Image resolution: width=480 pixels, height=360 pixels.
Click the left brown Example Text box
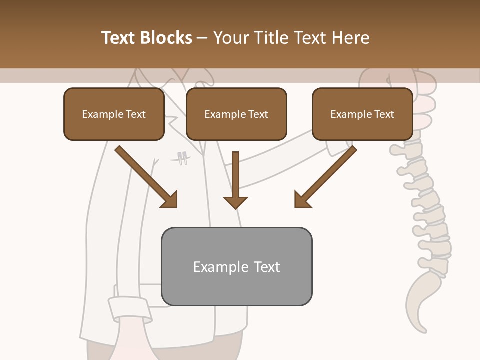tap(114, 114)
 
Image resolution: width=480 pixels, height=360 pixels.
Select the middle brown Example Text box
tap(236, 114)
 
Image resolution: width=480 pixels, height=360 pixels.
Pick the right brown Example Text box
tap(362, 114)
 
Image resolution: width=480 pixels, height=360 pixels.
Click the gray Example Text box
tap(236, 266)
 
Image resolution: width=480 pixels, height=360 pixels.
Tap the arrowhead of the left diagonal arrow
tap(170, 200)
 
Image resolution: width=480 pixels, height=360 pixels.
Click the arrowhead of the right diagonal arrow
tap(302, 200)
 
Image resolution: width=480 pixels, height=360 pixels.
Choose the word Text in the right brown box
tap(383, 114)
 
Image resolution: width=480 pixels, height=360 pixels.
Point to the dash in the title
tap(202, 38)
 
